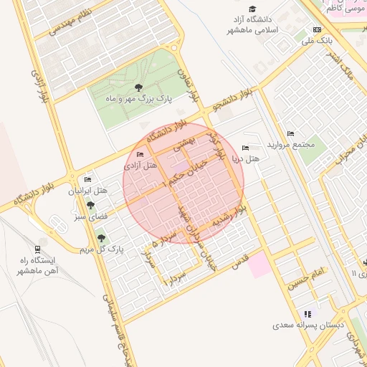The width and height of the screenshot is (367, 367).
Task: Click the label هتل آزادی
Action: [140, 165]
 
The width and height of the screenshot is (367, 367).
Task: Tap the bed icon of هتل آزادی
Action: [140, 154]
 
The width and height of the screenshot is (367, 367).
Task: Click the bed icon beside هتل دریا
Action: [247, 148]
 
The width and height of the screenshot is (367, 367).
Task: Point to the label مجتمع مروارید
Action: [291, 145]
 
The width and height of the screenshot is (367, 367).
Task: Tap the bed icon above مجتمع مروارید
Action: [290, 134]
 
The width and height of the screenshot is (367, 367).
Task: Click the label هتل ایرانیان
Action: [87, 191]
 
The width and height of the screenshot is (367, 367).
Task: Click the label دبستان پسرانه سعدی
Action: [308, 325]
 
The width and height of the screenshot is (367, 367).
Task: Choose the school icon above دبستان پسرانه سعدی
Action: [308, 314]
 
